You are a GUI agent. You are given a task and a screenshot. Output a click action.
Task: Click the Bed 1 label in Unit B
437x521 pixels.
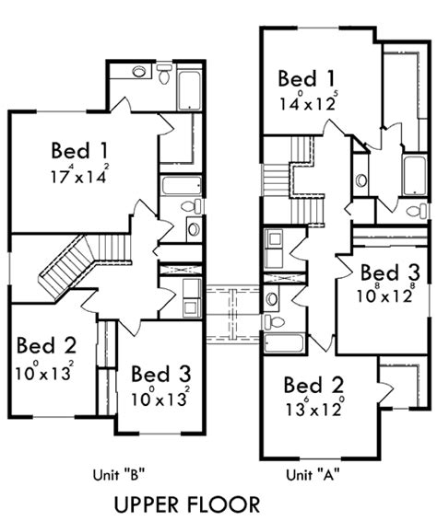pyautogui.click(x=80, y=151)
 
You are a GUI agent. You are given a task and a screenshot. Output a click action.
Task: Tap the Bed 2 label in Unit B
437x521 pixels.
pyautogui.click(x=47, y=345)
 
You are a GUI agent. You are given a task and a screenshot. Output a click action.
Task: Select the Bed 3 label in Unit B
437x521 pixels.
pyautogui.click(x=161, y=374)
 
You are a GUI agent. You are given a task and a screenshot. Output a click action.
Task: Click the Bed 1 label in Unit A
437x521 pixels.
pyautogui.click(x=306, y=79)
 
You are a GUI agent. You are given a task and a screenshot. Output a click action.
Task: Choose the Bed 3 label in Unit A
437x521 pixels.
pyautogui.click(x=390, y=272)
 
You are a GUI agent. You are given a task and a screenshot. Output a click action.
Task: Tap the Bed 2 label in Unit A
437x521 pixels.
pyautogui.click(x=313, y=385)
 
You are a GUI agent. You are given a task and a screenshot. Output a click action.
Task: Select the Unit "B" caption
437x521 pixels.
pyautogui.click(x=120, y=475)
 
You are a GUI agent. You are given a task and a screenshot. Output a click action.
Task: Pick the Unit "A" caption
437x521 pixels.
pyautogui.click(x=313, y=475)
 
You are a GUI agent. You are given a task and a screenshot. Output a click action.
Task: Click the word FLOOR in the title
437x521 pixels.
pyautogui.click(x=224, y=504)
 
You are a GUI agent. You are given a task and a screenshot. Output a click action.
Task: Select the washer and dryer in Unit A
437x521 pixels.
pyautogui.click(x=274, y=248)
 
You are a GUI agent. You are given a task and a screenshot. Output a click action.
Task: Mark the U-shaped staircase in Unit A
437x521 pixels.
pyautogui.click(x=293, y=181)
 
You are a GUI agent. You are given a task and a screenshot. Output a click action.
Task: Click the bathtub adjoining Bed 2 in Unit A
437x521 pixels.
pyautogui.click(x=284, y=342)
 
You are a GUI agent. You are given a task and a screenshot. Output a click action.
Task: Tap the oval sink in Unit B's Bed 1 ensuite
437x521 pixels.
pyautogui.click(x=139, y=72)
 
